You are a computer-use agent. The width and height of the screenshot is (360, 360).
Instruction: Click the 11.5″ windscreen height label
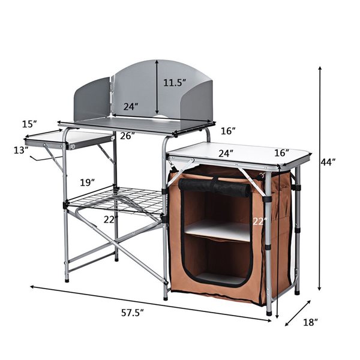[175, 83]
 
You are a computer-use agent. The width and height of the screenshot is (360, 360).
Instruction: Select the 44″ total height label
[328, 162]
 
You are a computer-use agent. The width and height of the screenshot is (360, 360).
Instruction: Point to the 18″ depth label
[310, 322]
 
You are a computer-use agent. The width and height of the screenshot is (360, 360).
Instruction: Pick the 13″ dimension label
[21, 150]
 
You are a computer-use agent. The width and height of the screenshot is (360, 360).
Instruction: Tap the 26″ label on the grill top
[126, 136]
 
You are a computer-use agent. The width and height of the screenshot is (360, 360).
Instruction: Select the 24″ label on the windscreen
[131, 107]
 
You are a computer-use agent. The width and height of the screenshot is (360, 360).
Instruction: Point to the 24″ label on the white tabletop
[226, 154]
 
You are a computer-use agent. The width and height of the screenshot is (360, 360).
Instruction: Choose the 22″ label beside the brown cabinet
[259, 221]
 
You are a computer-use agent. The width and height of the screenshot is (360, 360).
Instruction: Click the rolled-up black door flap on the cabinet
[214, 190]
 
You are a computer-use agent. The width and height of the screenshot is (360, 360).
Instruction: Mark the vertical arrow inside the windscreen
[157, 87]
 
